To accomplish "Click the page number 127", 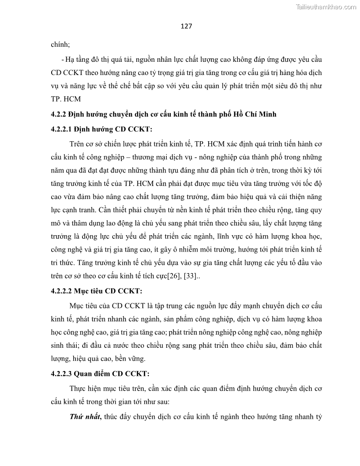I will click(x=186, y=26).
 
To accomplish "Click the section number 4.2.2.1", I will click(x=61, y=129).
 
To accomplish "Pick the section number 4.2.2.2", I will click(x=61, y=291).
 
